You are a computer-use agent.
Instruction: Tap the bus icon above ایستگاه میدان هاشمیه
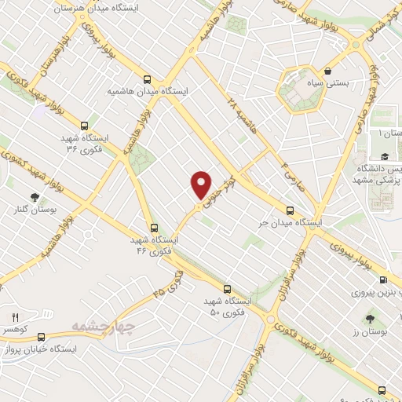(147, 79)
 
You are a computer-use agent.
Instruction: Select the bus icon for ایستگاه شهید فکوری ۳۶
(83, 125)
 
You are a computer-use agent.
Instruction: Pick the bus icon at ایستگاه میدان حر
(290, 210)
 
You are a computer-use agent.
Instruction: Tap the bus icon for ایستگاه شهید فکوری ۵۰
(227, 288)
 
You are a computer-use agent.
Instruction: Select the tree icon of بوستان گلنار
(34, 197)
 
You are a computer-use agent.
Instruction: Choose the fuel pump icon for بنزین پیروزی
(382, 280)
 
